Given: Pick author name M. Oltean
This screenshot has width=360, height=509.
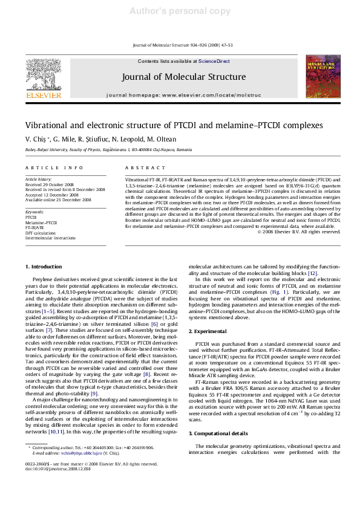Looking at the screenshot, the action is [x=153, y=140].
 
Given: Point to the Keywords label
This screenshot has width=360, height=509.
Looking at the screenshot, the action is [x=33, y=213].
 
